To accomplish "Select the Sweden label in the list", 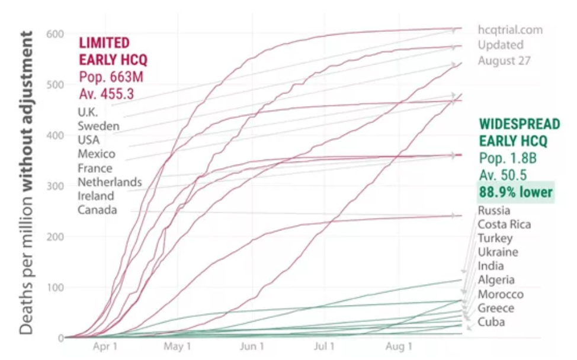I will click(98, 126).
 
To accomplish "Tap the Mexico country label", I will click(97, 154).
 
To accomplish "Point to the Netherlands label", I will click(110, 182).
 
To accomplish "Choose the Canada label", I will click(97, 210).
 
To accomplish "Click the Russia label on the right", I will click(494, 211).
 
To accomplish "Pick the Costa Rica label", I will click(504, 224).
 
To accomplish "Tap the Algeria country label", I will click(496, 280).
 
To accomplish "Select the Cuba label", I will click(491, 322).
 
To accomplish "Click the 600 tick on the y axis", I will click(55, 34).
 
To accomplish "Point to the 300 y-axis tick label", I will click(55, 186).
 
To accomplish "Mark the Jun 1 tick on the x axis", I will click(252, 346).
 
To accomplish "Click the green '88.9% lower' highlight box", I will click(515, 192).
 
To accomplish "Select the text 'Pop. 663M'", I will click(111, 76).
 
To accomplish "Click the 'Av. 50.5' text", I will click(503, 175).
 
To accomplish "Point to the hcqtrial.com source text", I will click(511, 30).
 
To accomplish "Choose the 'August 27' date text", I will click(505, 60).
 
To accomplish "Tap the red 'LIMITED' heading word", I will click(104, 43).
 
